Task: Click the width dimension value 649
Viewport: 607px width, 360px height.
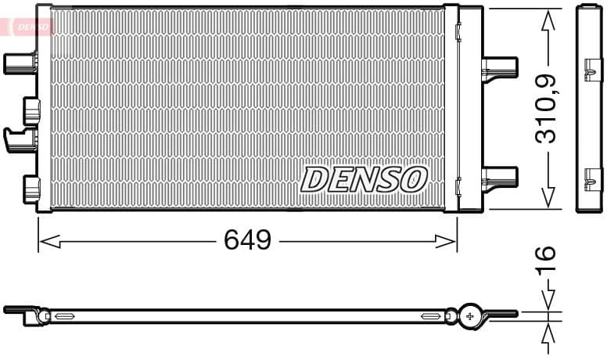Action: pyautogui.click(x=247, y=240)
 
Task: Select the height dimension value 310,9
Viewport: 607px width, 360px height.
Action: pyautogui.click(x=546, y=108)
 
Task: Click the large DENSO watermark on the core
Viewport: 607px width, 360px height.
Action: pyautogui.click(x=364, y=179)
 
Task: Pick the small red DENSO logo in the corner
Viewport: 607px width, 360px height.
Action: pyautogui.click(x=27, y=26)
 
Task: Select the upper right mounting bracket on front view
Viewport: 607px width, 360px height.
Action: pyautogui.click(x=499, y=67)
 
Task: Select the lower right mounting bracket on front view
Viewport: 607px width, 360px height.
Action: pyautogui.click(x=499, y=178)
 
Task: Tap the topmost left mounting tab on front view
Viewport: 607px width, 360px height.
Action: pyautogui.click(x=20, y=63)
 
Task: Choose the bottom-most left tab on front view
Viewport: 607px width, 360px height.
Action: pyautogui.click(x=31, y=189)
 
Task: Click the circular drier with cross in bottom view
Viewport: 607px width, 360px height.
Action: pyautogui.click(x=470, y=315)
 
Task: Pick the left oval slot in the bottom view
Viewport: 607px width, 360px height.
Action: pyautogui.click(x=63, y=316)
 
